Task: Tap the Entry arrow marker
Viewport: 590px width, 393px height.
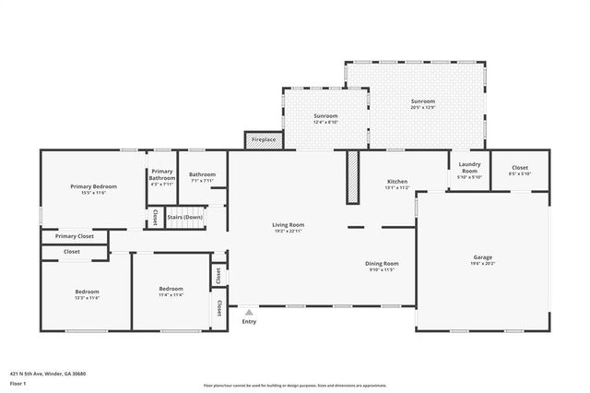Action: coord(249,313)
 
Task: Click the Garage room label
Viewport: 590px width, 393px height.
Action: coord(484,259)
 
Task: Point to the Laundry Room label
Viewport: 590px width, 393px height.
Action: coord(469,170)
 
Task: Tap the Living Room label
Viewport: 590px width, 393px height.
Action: coord(288,227)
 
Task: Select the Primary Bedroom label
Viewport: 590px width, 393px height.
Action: coord(93,189)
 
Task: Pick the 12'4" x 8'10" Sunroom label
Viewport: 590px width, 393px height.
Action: coord(325,119)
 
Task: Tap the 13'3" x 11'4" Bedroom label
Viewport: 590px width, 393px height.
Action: coord(87,294)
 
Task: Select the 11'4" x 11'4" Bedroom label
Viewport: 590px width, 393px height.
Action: coord(171,292)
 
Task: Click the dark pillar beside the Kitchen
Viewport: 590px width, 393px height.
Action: coord(351,176)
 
